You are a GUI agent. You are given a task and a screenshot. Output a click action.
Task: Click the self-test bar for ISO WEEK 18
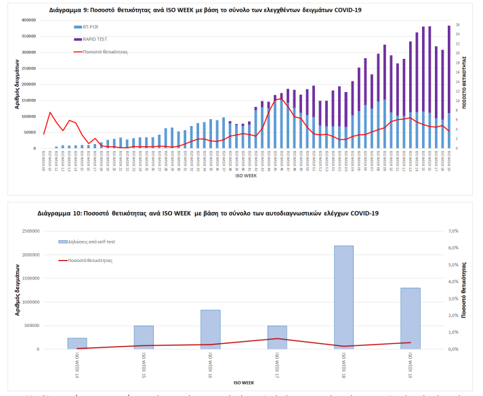tap(343, 297)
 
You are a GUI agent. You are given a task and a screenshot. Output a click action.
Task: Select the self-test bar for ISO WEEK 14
tap(77, 343)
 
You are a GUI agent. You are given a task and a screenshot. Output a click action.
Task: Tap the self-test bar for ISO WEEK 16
tap(210, 330)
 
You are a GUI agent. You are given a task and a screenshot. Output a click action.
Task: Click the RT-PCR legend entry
tap(91, 26)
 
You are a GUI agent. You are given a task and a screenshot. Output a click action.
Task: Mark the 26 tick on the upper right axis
tap(458, 25)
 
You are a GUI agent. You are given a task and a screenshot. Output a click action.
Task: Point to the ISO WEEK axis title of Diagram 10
tap(243, 382)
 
